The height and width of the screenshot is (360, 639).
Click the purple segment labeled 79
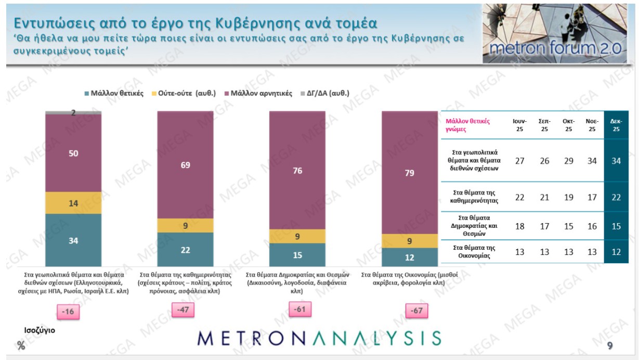tap(409, 172)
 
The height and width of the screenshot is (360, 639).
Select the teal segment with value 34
tap(73, 240)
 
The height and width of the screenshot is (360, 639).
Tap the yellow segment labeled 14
tap(73, 202)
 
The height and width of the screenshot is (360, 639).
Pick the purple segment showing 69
tap(186, 164)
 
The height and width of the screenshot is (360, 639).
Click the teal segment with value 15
tap(297, 255)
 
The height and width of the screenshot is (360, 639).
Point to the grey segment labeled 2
tap(73, 112)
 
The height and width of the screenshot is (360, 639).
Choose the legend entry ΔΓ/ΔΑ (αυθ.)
tap(327, 94)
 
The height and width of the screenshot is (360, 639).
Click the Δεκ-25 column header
tap(616, 125)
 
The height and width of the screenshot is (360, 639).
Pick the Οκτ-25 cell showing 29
tap(568, 161)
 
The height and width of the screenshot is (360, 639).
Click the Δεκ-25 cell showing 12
tap(616, 252)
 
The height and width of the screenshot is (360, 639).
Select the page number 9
tap(609, 345)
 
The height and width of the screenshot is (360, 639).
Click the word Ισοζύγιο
tap(40, 330)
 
